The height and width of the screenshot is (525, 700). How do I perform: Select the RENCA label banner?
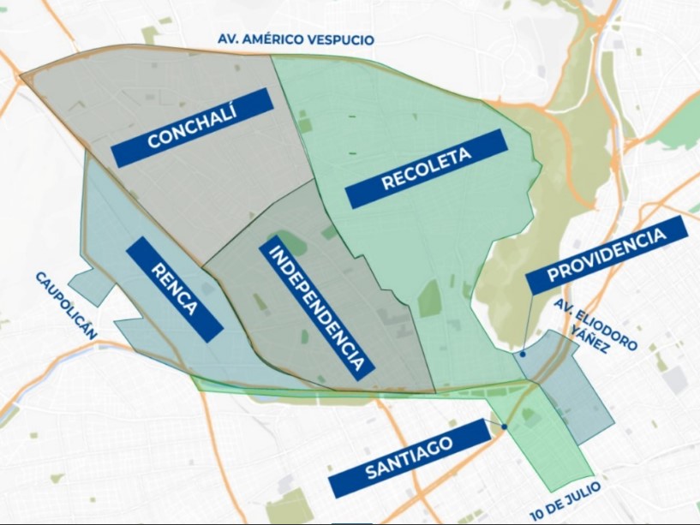point(174,289)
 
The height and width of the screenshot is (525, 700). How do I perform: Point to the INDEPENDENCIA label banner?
point(315,308)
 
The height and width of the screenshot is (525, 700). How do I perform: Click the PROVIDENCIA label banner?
point(607,255)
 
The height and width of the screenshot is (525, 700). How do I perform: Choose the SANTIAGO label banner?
point(410,459)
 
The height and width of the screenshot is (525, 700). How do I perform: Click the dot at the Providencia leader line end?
point(523,353)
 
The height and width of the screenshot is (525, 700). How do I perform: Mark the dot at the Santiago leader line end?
point(505,427)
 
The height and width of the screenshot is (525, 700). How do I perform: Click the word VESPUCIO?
point(345,39)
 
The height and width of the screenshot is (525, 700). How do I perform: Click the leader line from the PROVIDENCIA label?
point(525,324)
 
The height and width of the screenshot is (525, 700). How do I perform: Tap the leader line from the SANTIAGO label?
point(497,422)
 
